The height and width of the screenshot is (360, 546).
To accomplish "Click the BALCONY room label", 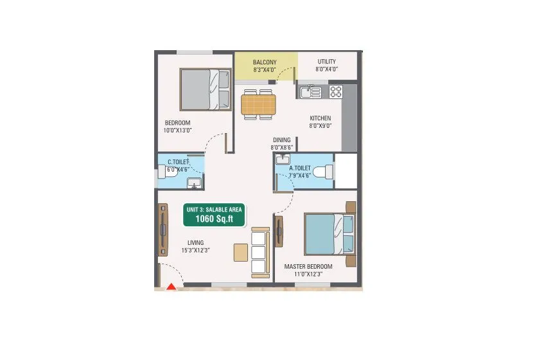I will (x=264, y=62).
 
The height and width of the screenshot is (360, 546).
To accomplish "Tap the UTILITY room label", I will (x=326, y=62).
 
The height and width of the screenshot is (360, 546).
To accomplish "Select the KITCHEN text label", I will (x=320, y=118).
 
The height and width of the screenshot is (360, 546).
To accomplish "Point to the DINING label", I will (x=281, y=140).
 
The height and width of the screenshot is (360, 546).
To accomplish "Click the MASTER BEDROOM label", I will (x=308, y=266).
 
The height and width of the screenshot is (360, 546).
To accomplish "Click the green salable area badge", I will (x=214, y=215).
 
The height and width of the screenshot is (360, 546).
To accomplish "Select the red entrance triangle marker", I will (x=172, y=287).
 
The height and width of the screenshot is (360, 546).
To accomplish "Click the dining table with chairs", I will (x=258, y=104).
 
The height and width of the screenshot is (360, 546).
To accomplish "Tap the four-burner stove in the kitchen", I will (x=337, y=91).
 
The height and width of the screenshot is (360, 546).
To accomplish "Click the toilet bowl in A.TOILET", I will (x=326, y=172).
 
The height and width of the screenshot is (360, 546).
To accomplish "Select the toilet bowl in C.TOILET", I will (x=163, y=172).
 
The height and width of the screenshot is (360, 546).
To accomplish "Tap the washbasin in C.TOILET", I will (x=194, y=185).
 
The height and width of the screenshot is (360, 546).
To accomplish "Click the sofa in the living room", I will (x=259, y=250).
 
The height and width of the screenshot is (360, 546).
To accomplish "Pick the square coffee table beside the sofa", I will (x=241, y=252).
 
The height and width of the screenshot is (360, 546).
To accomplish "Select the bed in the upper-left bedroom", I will (x=205, y=89).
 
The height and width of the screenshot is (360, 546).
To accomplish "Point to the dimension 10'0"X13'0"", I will (x=178, y=130).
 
